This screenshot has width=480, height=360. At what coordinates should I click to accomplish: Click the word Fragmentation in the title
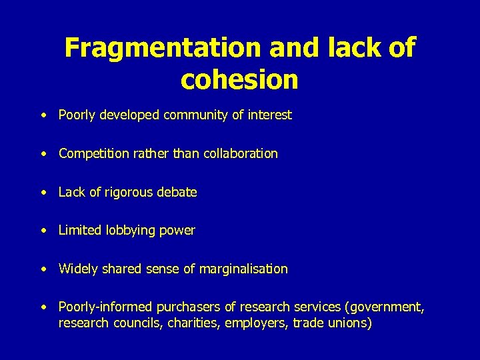click(x=162, y=48)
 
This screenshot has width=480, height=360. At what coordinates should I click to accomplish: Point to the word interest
click(x=269, y=115)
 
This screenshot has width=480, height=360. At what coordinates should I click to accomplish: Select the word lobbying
click(x=131, y=231)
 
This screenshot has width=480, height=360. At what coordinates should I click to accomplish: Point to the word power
click(x=179, y=231)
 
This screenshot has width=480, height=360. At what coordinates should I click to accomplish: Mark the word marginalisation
click(x=249, y=269)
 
